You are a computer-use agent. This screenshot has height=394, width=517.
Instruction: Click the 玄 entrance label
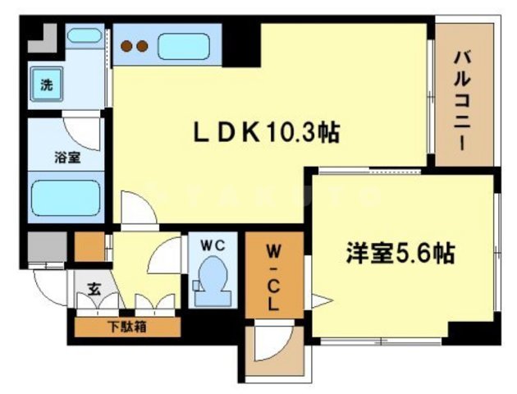click(x=94, y=289)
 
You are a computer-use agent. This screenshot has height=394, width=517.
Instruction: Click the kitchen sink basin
click(x=185, y=46)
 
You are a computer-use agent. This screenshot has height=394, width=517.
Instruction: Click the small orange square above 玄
click(x=89, y=246)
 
